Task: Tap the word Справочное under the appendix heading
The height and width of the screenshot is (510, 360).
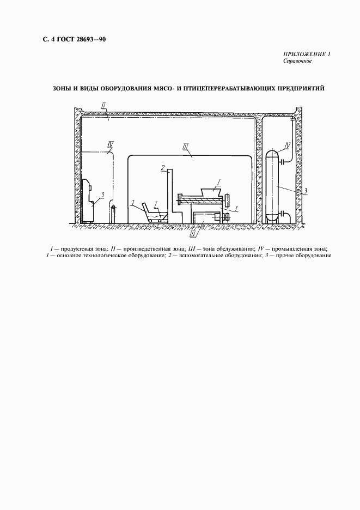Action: coord(297,62)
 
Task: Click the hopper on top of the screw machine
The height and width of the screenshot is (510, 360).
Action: coord(210,192)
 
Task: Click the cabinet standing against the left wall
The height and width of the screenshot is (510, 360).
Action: coord(88,200)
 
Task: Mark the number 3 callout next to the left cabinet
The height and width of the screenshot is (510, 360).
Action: coord(101,193)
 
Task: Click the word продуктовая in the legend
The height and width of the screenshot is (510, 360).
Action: coord(80,249)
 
